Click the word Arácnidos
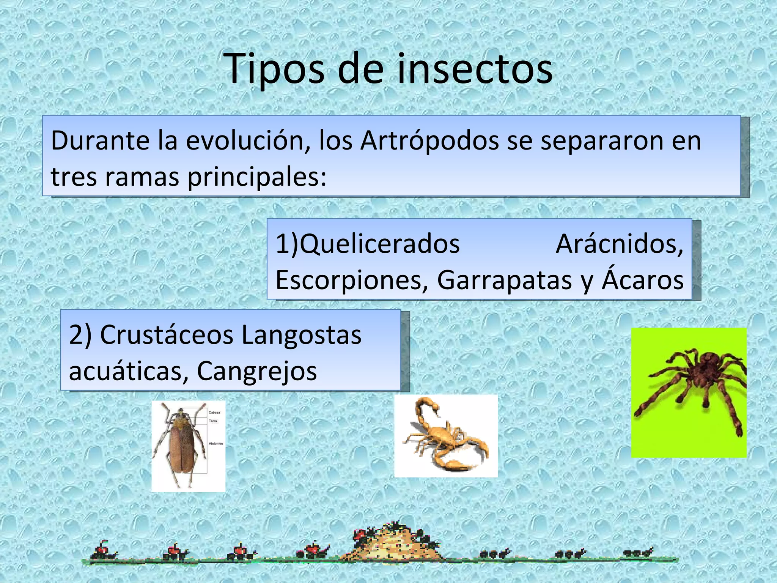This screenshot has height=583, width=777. [x=619, y=244]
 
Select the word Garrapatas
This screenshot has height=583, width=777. [x=504, y=280]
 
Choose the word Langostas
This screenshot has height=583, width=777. [x=301, y=336]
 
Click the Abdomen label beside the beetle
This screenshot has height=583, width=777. [x=215, y=443]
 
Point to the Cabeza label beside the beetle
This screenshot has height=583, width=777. [x=214, y=412]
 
